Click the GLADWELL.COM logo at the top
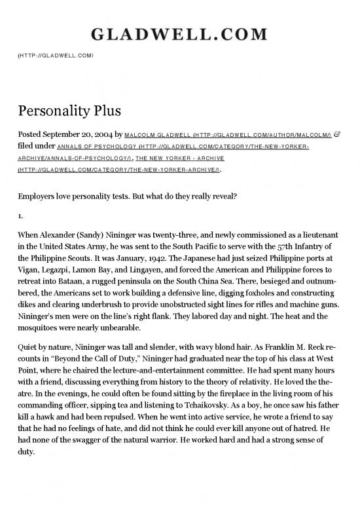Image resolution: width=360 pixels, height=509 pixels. pyautogui.click(x=179, y=34)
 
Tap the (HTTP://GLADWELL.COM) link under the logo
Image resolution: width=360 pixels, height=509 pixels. pyautogui.click(x=56, y=56)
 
